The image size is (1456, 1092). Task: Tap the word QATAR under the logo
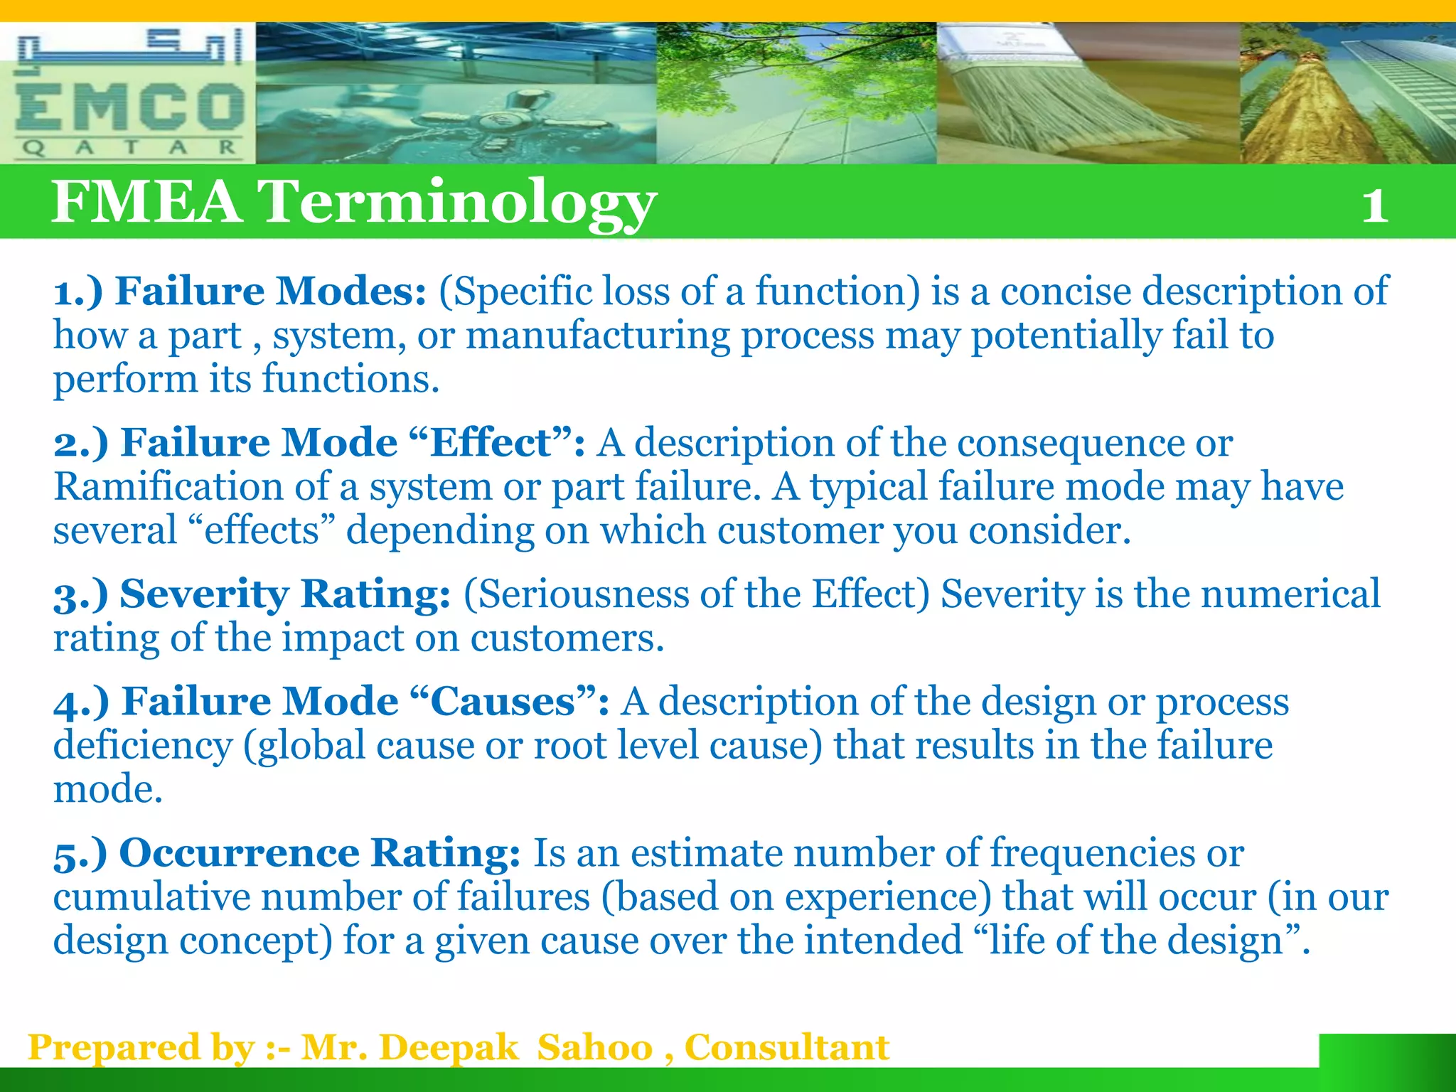click(128, 148)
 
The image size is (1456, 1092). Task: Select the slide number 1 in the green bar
click(1375, 206)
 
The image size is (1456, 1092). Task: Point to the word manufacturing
click(598, 336)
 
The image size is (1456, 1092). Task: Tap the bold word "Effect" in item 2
click(491, 443)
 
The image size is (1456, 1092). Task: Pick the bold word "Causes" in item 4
click(503, 702)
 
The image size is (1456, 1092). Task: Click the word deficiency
click(143, 746)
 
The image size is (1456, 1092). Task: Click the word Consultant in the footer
click(786, 1048)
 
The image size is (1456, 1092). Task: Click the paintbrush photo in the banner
click(1088, 92)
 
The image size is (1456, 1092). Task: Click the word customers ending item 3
click(567, 638)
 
